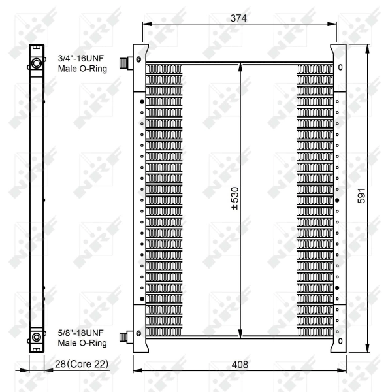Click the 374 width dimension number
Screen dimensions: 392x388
[x=238, y=19]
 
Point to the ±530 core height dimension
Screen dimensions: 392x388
[x=234, y=199]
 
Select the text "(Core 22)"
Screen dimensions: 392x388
[x=89, y=363]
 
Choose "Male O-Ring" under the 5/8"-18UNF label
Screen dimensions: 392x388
[x=80, y=342]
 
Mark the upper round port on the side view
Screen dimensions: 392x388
[x=37, y=63]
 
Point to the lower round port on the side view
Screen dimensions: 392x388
[x=37, y=337]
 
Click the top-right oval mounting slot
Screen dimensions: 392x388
[x=340, y=67]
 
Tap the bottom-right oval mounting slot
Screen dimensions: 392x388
[x=340, y=341]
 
